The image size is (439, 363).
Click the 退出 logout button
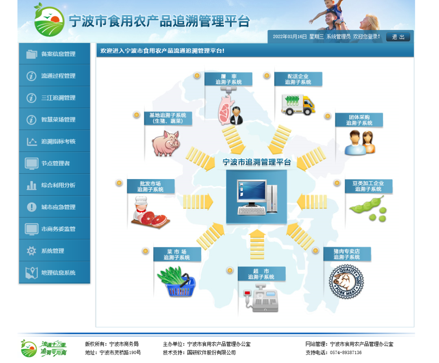(x=398, y=37)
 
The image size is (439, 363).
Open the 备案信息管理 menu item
(x=54, y=54)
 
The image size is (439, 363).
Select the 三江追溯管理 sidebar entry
(x=54, y=97)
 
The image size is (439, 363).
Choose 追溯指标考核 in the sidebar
(x=54, y=141)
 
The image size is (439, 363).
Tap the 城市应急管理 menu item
(x=54, y=207)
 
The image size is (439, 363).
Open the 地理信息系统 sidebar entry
(x=54, y=272)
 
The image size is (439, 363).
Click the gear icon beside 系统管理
(x=31, y=251)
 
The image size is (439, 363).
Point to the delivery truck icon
(x=298, y=105)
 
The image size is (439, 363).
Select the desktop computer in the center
(x=257, y=197)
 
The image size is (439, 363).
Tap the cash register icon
(x=262, y=298)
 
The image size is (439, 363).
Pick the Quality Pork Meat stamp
(x=346, y=281)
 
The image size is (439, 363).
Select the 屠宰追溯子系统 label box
(x=228, y=79)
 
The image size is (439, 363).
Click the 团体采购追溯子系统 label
(x=359, y=120)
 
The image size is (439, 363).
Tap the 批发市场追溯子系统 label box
(x=151, y=186)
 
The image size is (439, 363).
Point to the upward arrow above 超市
(x=257, y=244)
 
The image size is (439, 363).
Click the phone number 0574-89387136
(x=346, y=353)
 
